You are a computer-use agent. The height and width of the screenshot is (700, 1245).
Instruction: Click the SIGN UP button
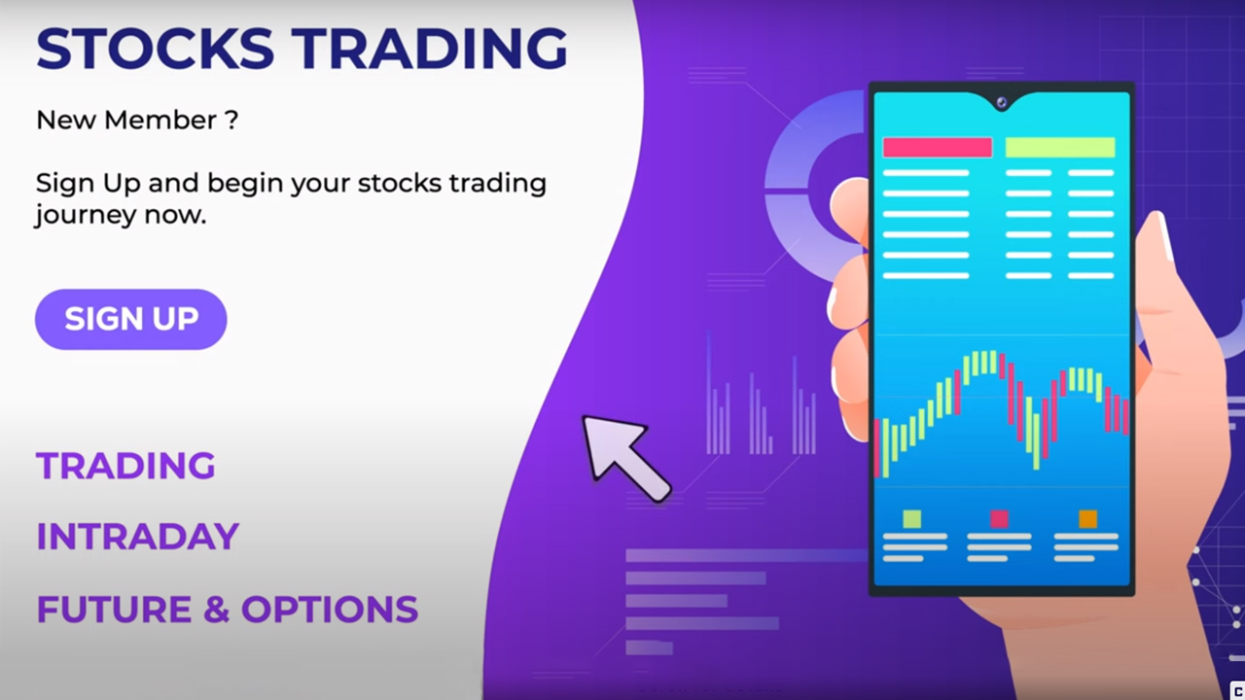pyautogui.click(x=131, y=319)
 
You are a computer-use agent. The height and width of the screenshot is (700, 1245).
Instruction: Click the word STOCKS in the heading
pyautogui.click(x=155, y=49)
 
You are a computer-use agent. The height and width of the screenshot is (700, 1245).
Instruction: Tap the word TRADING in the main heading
pyautogui.click(x=430, y=49)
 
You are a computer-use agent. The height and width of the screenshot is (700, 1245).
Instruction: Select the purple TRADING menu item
pyautogui.click(x=125, y=466)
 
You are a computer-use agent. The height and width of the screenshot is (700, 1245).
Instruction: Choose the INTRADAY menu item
pyautogui.click(x=138, y=537)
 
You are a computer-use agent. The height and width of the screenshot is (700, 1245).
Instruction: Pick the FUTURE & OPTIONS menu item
pyautogui.click(x=228, y=609)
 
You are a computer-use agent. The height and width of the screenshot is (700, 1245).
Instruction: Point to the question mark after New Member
pyautogui.click(x=232, y=120)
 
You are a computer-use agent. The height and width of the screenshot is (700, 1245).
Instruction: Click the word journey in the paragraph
pyautogui.click(x=86, y=216)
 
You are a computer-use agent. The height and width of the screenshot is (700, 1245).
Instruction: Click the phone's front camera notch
pyautogui.click(x=1002, y=102)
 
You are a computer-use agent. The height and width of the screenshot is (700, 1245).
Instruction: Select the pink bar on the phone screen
pyautogui.click(x=938, y=147)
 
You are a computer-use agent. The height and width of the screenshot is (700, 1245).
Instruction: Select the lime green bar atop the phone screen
pyautogui.click(x=1060, y=147)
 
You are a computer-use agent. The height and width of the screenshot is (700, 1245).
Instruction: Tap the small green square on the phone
pyautogui.click(x=912, y=519)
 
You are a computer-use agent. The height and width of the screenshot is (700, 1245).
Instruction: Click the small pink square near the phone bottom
pyautogui.click(x=999, y=519)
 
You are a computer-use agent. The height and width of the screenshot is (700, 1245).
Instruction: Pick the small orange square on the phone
pyautogui.click(x=1087, y=519)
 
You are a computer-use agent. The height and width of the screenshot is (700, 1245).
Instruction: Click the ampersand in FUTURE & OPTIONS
pyautogui.click(x=216, y=610)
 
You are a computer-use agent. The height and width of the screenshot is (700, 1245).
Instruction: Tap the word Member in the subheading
pyautogui.click(x=160, y=120)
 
